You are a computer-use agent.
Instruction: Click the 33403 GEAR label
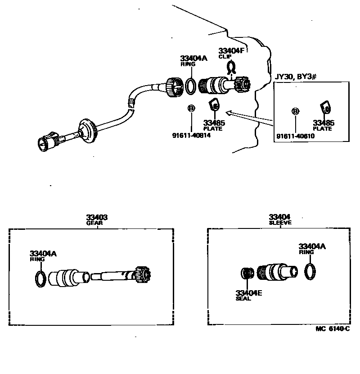[x=97, y=219]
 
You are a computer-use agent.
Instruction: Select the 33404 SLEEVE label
[x=280, y=219]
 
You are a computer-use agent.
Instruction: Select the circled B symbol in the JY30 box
[x=295, y=111]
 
